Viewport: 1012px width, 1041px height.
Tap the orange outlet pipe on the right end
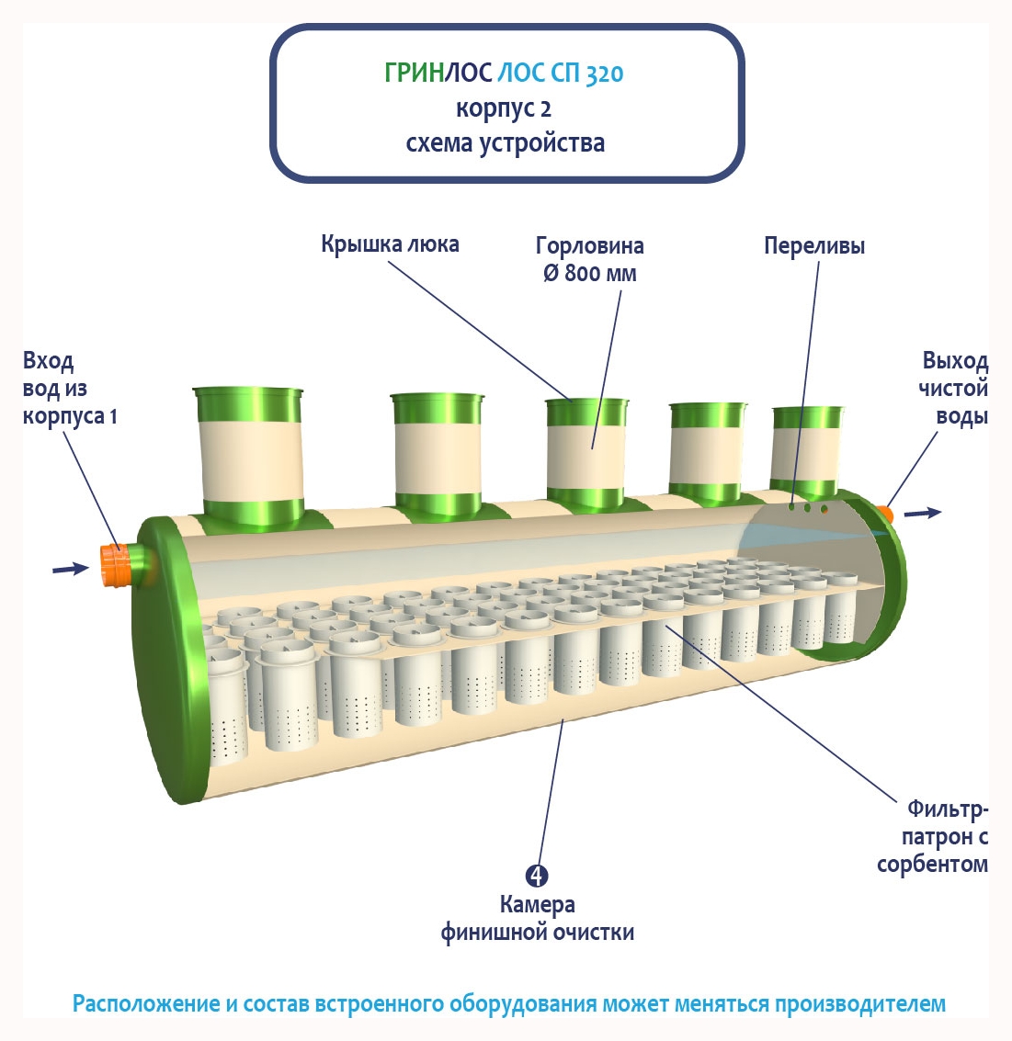885,512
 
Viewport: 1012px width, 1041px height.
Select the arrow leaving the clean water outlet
923,513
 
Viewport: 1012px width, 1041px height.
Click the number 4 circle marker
537,876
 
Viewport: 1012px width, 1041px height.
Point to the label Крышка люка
390,244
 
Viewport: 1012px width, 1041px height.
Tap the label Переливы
813,246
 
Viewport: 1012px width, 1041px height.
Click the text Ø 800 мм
589,274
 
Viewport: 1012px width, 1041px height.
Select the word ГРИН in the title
414,74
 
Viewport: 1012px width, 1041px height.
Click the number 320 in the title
604,74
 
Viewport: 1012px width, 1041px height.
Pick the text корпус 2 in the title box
504,108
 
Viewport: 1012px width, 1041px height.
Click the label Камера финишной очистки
537,918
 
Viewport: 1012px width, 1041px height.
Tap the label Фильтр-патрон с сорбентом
934,836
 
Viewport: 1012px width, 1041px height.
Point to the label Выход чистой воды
954,388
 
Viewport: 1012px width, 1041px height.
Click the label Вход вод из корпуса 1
69,388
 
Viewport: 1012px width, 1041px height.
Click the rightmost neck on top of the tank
807,446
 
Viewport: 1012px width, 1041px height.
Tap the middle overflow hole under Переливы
808,507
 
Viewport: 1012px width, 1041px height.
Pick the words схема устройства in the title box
505,143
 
